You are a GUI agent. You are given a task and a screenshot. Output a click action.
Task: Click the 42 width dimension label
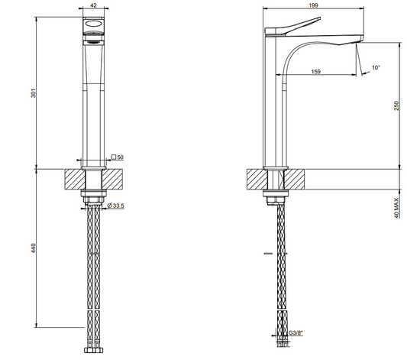pos(94,5)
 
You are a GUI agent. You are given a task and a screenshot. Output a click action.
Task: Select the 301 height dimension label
pos(34,93)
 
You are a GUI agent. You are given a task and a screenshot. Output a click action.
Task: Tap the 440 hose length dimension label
pos(34,248)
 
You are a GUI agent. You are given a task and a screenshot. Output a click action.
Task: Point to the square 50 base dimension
pos(118,157)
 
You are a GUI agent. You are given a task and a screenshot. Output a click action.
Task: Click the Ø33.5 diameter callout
pos(116,206)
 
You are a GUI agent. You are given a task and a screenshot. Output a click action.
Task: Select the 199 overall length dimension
pos(314,5)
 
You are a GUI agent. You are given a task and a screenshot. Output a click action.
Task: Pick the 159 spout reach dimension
pos(315,71)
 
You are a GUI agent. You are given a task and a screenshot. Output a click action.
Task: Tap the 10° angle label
pos(376,67)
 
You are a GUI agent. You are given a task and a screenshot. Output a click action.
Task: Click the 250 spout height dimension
pos(396,105)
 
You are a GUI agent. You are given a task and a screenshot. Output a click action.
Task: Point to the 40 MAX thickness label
pos(396,208)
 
